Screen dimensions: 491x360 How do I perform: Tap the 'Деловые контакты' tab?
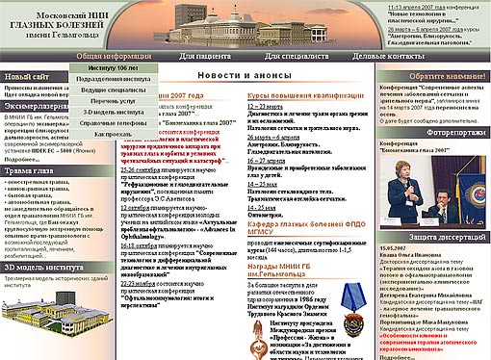(385, 58)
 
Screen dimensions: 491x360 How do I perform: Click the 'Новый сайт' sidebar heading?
(29, 75)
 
